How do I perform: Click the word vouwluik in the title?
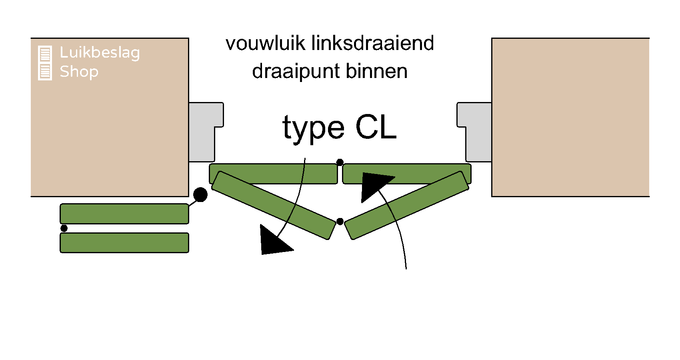tap(266, 43)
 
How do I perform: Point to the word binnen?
tap(376, 71)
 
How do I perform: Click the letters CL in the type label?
tap(376, 128)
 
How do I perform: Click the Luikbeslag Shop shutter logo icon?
tap(45, 63)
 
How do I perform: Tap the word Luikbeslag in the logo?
tap(100, 53)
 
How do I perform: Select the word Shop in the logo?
tap(79, 72)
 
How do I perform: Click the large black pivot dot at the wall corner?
tap(200, 195)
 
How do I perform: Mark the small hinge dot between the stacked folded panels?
tap(64, 228)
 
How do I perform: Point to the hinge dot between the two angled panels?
tap(340, 222)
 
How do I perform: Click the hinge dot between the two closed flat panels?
tap(340, 162)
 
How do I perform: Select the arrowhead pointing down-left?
tap(273, 241)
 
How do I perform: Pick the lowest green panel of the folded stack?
tap(124, 243)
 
